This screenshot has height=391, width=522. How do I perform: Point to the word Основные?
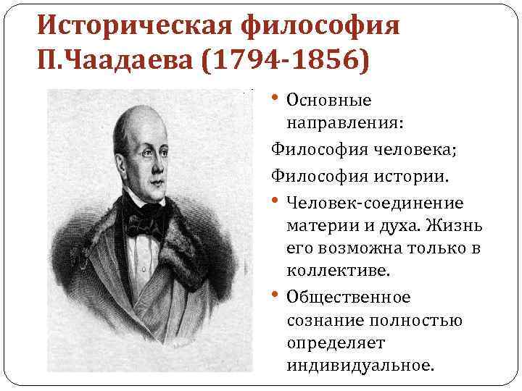pyautogui.click(x=328, y=100)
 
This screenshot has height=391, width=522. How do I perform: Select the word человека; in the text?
pyautogui.click(x=406, y=151)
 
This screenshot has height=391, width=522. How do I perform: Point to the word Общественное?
pyautogui.click(x=348, y=298)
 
